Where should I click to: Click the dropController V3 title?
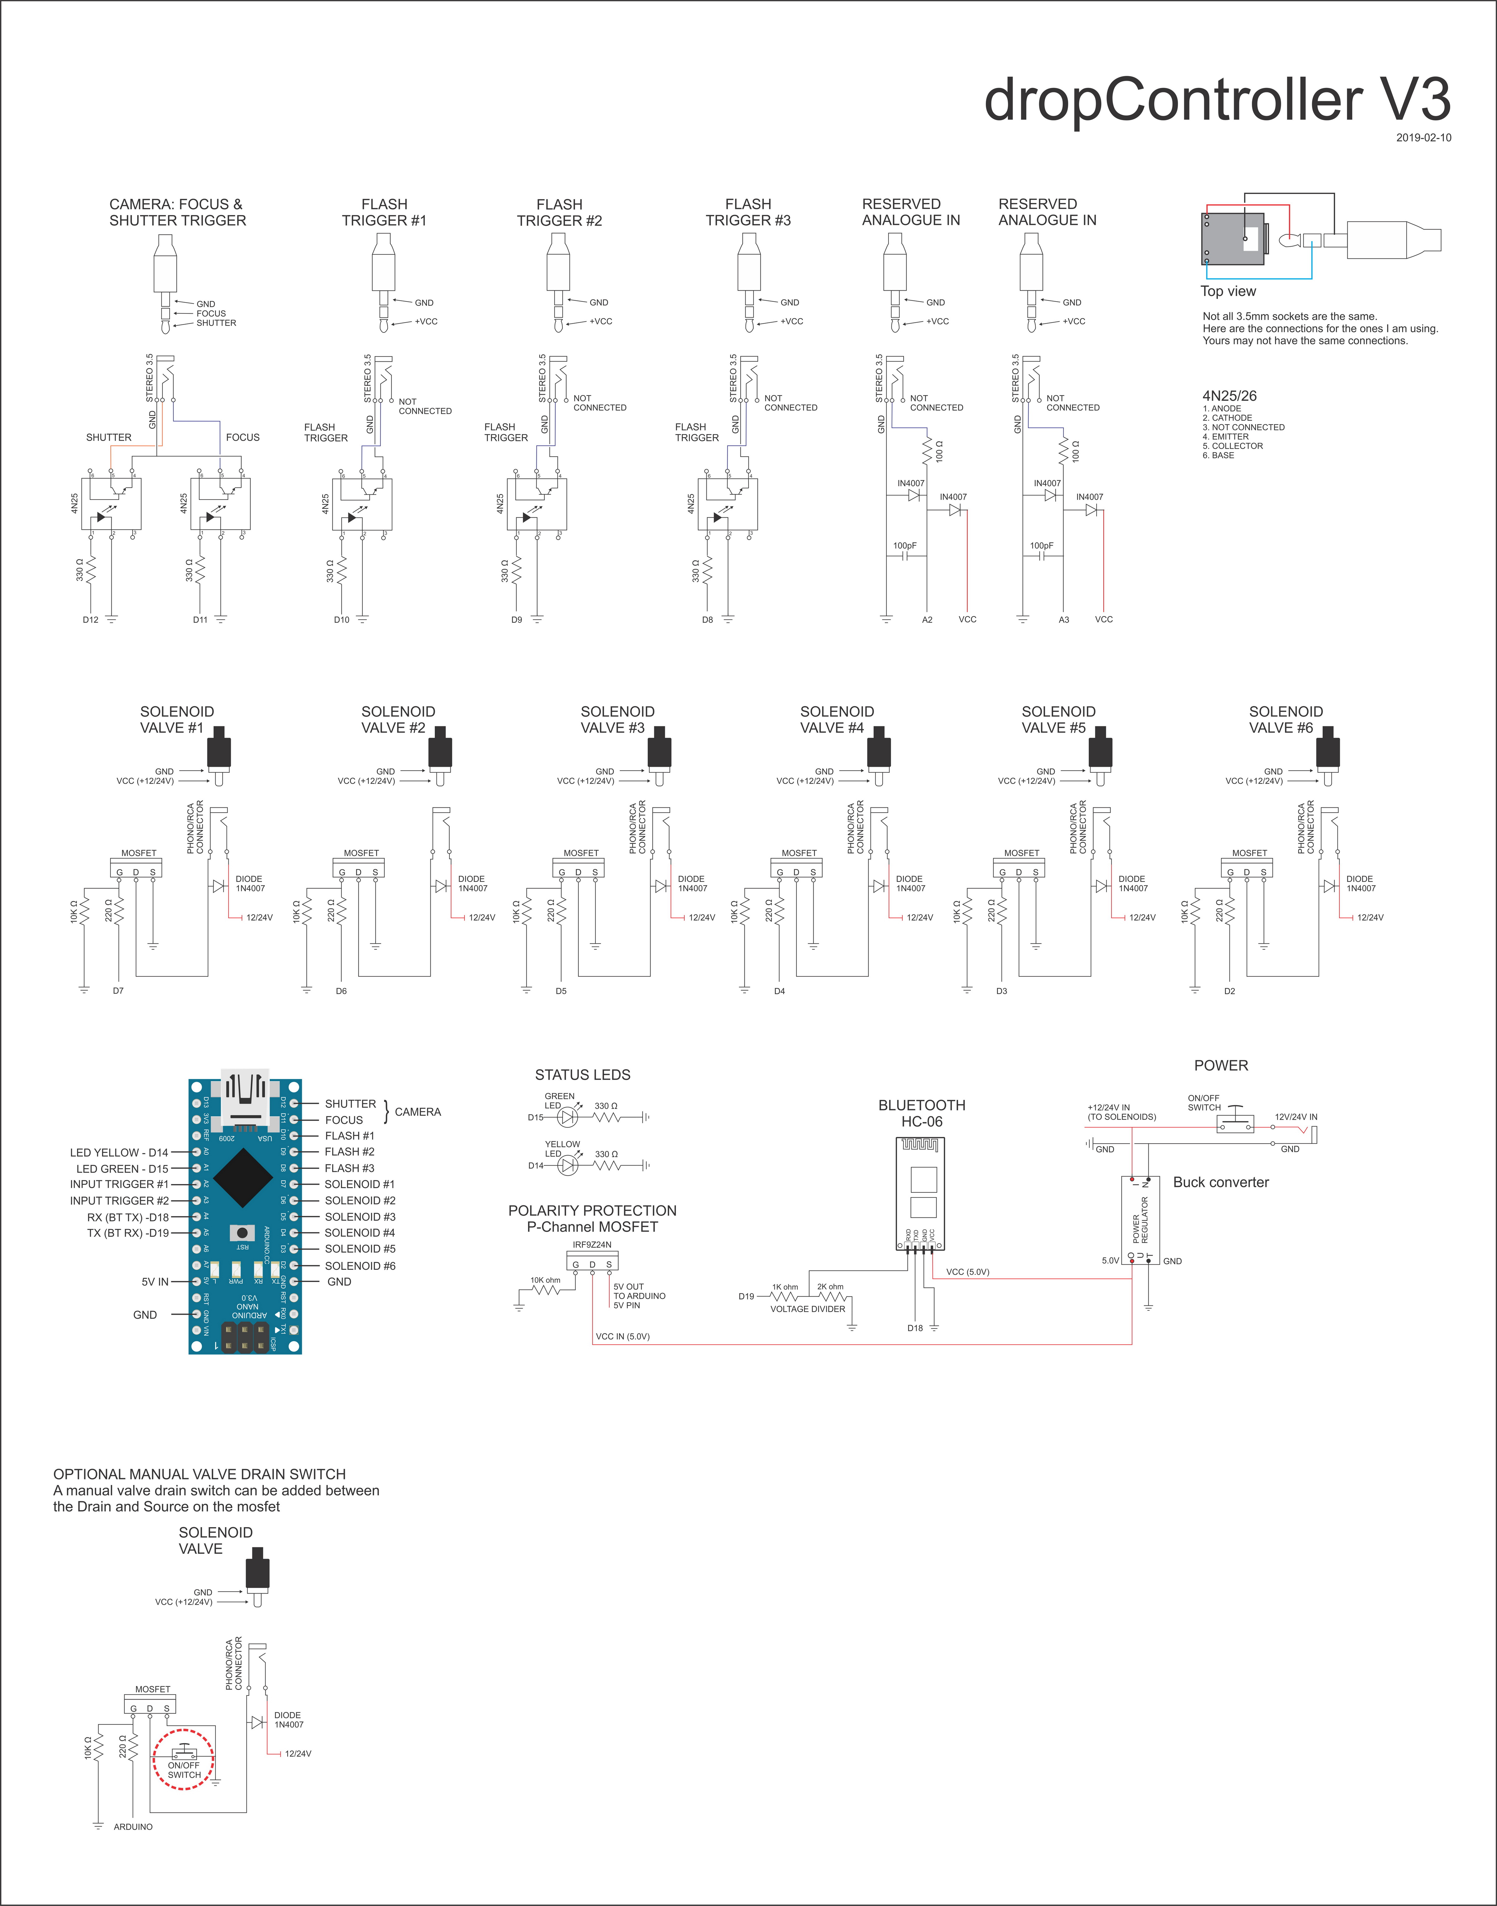click(1217, 100)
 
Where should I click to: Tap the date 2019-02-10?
click(1423, 138)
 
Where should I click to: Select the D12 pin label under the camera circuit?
click(90, 620)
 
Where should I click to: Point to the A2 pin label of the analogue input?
click(927, 620)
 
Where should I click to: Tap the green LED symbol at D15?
click(568, 1117)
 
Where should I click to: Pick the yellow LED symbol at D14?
click(568, 1165)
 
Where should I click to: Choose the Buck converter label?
click(1221, 1182)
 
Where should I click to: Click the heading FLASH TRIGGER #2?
click(559, 212)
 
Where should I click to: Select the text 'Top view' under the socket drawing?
click(1228, 291)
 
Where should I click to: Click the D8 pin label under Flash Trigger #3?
click(707, 620)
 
